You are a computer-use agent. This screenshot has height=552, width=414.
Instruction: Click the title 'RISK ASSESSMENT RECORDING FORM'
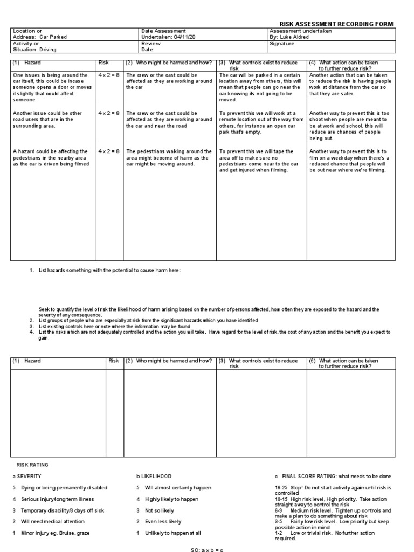[336, 24]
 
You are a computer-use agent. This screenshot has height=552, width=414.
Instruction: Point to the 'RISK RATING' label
[32, 464]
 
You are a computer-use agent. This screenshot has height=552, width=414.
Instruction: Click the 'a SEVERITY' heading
[26, 477]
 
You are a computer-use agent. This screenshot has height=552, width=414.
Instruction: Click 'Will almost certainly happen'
[178, 488]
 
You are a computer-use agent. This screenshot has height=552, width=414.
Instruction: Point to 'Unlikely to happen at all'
[172, 533]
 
